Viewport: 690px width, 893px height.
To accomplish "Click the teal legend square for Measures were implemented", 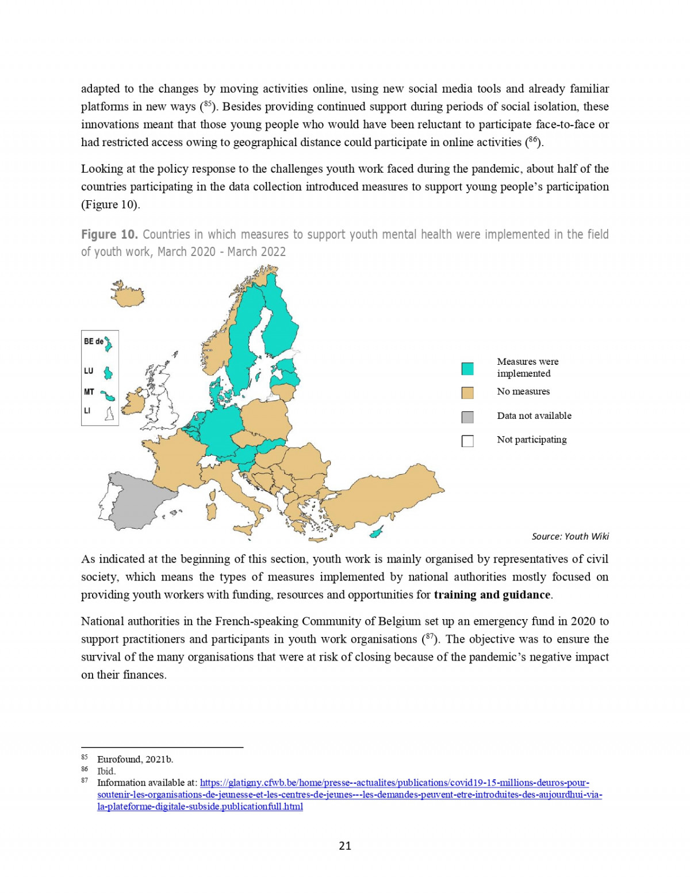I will [467, 369].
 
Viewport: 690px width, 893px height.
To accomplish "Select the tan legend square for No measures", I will [467, 393].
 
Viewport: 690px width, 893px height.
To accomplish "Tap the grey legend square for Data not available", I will [467, 417].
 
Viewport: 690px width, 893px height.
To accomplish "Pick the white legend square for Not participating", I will [467, 441].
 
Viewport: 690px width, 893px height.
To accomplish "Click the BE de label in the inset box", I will [93, 341].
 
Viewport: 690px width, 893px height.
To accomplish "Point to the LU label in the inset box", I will [89, 371].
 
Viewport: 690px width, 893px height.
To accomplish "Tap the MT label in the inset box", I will [89, 392].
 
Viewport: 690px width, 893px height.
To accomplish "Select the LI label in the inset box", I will [87, 411].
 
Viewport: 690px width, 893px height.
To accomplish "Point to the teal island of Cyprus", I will [377, 533].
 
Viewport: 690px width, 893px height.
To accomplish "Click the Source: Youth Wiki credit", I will [570, 536].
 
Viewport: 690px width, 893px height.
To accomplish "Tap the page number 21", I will [345, 846].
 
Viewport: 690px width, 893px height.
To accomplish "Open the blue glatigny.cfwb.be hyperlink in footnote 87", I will [394, 783].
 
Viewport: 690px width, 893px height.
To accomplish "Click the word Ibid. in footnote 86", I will [106, 771].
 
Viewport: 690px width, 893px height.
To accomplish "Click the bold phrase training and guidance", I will [492, 595].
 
